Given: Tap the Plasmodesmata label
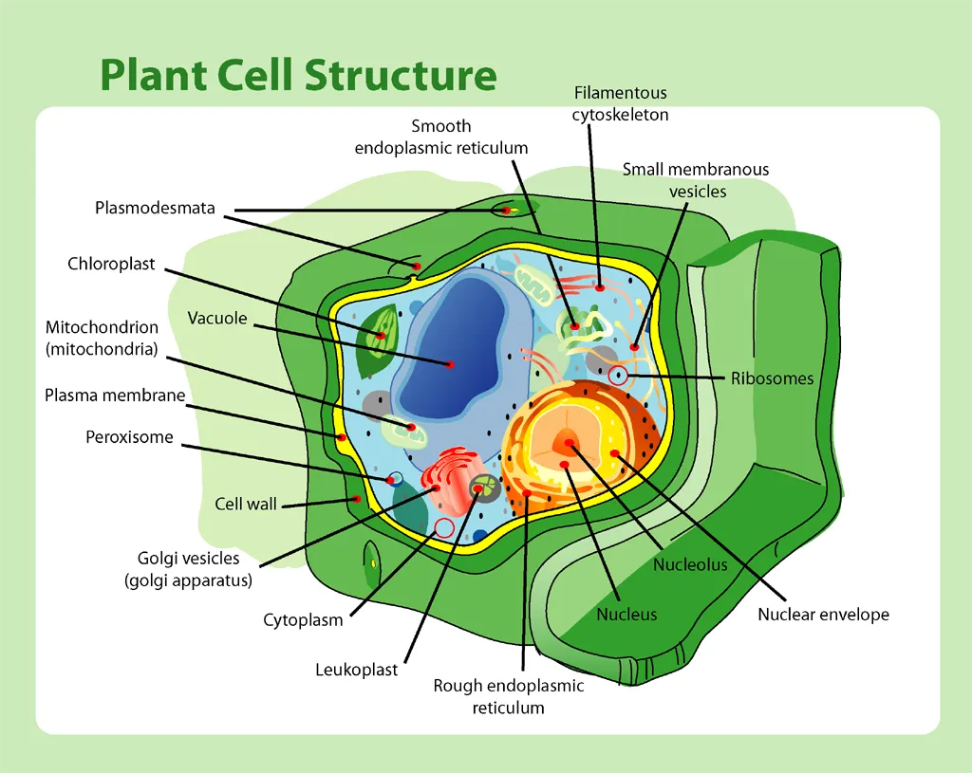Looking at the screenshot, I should (155, 208).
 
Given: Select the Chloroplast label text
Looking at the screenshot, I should (111, 264).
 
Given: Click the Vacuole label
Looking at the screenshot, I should (216, 318).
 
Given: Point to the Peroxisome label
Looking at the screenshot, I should (129, 437).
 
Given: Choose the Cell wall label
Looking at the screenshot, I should (246, 504).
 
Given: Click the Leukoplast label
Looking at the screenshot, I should (356, 670).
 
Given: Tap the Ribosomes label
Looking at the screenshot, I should (772, 378).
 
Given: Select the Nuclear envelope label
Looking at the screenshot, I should (823, 615).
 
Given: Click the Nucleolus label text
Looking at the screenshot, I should (690, 565).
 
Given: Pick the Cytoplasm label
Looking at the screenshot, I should (303, 620).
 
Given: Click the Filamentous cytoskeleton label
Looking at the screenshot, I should (620, 103).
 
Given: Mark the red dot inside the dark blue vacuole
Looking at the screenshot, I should (451, 364).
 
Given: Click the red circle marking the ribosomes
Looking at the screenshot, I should (618, 375).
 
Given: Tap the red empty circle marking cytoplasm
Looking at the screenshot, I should (443, 527).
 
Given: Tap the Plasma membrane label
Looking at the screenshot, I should (115, 396).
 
